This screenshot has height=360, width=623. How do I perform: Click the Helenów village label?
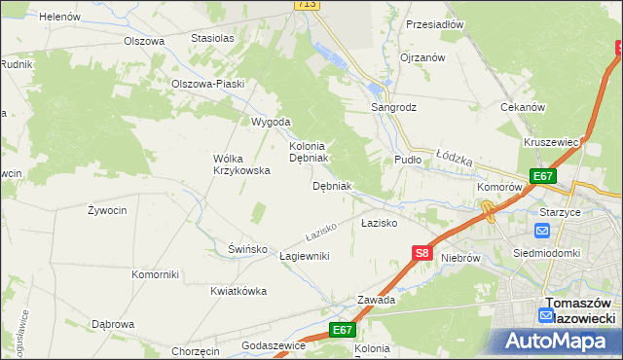pos(59,17)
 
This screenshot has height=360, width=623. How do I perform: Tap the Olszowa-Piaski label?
pos(207,84)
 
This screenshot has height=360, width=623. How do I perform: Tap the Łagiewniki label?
pos(305,256)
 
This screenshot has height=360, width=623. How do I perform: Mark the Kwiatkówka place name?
pos(238,290)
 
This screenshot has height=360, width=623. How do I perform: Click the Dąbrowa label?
pos(112,324)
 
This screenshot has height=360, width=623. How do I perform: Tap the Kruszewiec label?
pos(552,142)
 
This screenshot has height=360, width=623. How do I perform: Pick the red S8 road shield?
pos(421,253)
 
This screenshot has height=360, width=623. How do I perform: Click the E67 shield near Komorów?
pos(543,176)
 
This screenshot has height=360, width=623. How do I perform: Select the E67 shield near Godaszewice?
pos(341,330)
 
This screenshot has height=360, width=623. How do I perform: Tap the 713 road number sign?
pos(307,5)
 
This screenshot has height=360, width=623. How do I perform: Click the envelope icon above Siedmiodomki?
pos(542,232)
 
